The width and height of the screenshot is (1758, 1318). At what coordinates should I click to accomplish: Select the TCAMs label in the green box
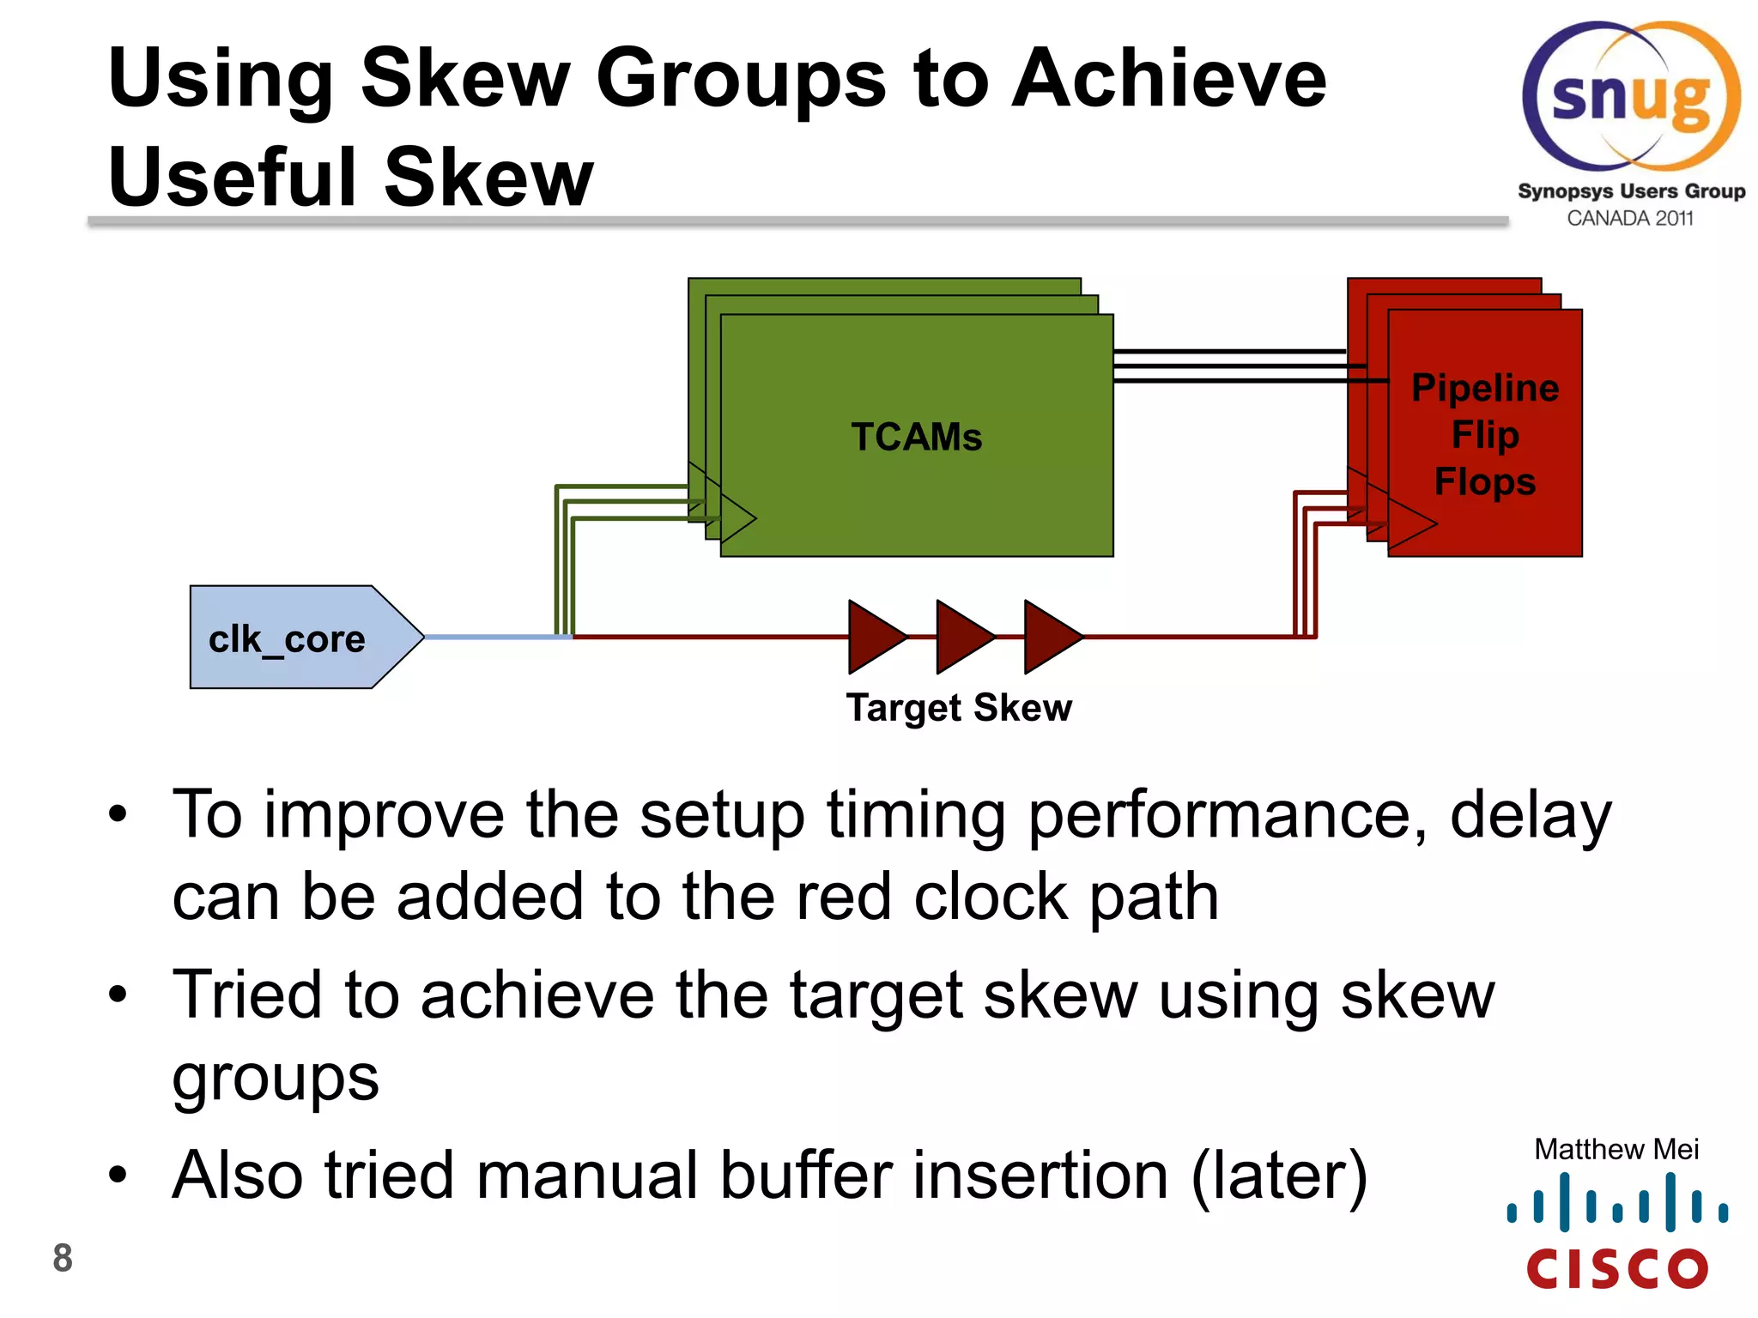tap(916, 437)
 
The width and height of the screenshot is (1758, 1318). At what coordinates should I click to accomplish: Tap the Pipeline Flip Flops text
tap(1484, 435)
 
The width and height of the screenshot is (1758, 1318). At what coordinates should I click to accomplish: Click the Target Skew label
tap(959, 708)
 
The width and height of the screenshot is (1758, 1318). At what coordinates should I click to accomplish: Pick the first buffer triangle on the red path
tap(874, 637)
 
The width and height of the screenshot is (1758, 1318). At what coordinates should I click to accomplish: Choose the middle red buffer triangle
tap(962, 637)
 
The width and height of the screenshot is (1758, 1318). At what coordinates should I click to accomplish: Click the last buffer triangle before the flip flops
tap(1050, 637)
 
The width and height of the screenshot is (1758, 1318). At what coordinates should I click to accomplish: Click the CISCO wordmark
tap(1617, 1269)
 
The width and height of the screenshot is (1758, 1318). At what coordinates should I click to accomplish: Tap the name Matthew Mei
tap(1616, 1149)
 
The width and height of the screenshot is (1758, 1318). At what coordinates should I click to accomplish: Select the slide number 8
tap(63, 1258)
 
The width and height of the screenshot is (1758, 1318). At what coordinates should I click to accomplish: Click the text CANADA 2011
tap(1629, 218)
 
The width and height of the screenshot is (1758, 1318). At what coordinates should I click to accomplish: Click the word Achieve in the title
tap(1168, 79)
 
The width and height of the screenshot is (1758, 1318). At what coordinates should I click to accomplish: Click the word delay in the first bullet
tap(1531, 815)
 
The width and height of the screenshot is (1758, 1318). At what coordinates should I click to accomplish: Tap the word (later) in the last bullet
tap(1279, 1176)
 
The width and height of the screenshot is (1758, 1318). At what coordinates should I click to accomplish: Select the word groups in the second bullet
tap(275, 1079)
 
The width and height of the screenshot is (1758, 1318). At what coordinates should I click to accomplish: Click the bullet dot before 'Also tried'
tap(118, 1175)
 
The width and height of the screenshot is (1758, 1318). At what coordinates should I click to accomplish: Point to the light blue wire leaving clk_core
tap(498, 637)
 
